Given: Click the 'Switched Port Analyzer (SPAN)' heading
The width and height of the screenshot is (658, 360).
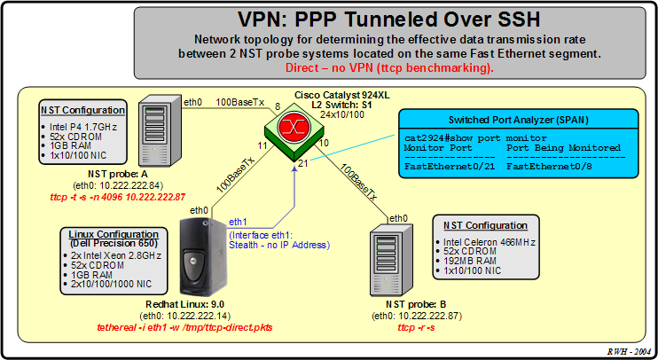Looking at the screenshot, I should pos(519,119).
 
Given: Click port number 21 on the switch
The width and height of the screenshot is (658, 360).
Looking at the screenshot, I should pos(304,163).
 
